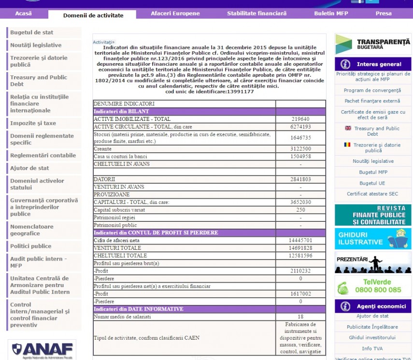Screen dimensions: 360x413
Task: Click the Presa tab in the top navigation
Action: click(x=383, y=14)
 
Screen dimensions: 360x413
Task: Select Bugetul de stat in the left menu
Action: click(x=32, y=32)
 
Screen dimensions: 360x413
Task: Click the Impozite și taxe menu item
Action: click(x=33, y=123)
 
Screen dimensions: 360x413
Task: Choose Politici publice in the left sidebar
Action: click(x=31, y=246)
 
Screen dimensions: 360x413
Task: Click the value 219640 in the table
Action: click(x=300, y=119)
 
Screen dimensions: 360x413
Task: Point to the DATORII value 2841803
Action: click(x=300, y=179)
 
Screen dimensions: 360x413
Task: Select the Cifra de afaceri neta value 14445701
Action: click(x=300, y=240)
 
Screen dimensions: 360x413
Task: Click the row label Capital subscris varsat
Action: click(x=119, y=210)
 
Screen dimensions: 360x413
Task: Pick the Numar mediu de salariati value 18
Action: click(x=300, y=317)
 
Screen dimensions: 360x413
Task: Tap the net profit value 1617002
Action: click(x=300, y=293)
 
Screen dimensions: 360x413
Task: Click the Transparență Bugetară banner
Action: click(x=373, y=44)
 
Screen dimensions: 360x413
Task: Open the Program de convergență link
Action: click(x=372, y=90)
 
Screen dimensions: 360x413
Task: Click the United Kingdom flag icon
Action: click(x=348, y=128)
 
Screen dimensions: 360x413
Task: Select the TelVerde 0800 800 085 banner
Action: click(x=373, y=286)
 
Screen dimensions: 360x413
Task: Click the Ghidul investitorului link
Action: click(x=372, y=337)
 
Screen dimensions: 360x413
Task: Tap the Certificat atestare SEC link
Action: click(x=372, y=194)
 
